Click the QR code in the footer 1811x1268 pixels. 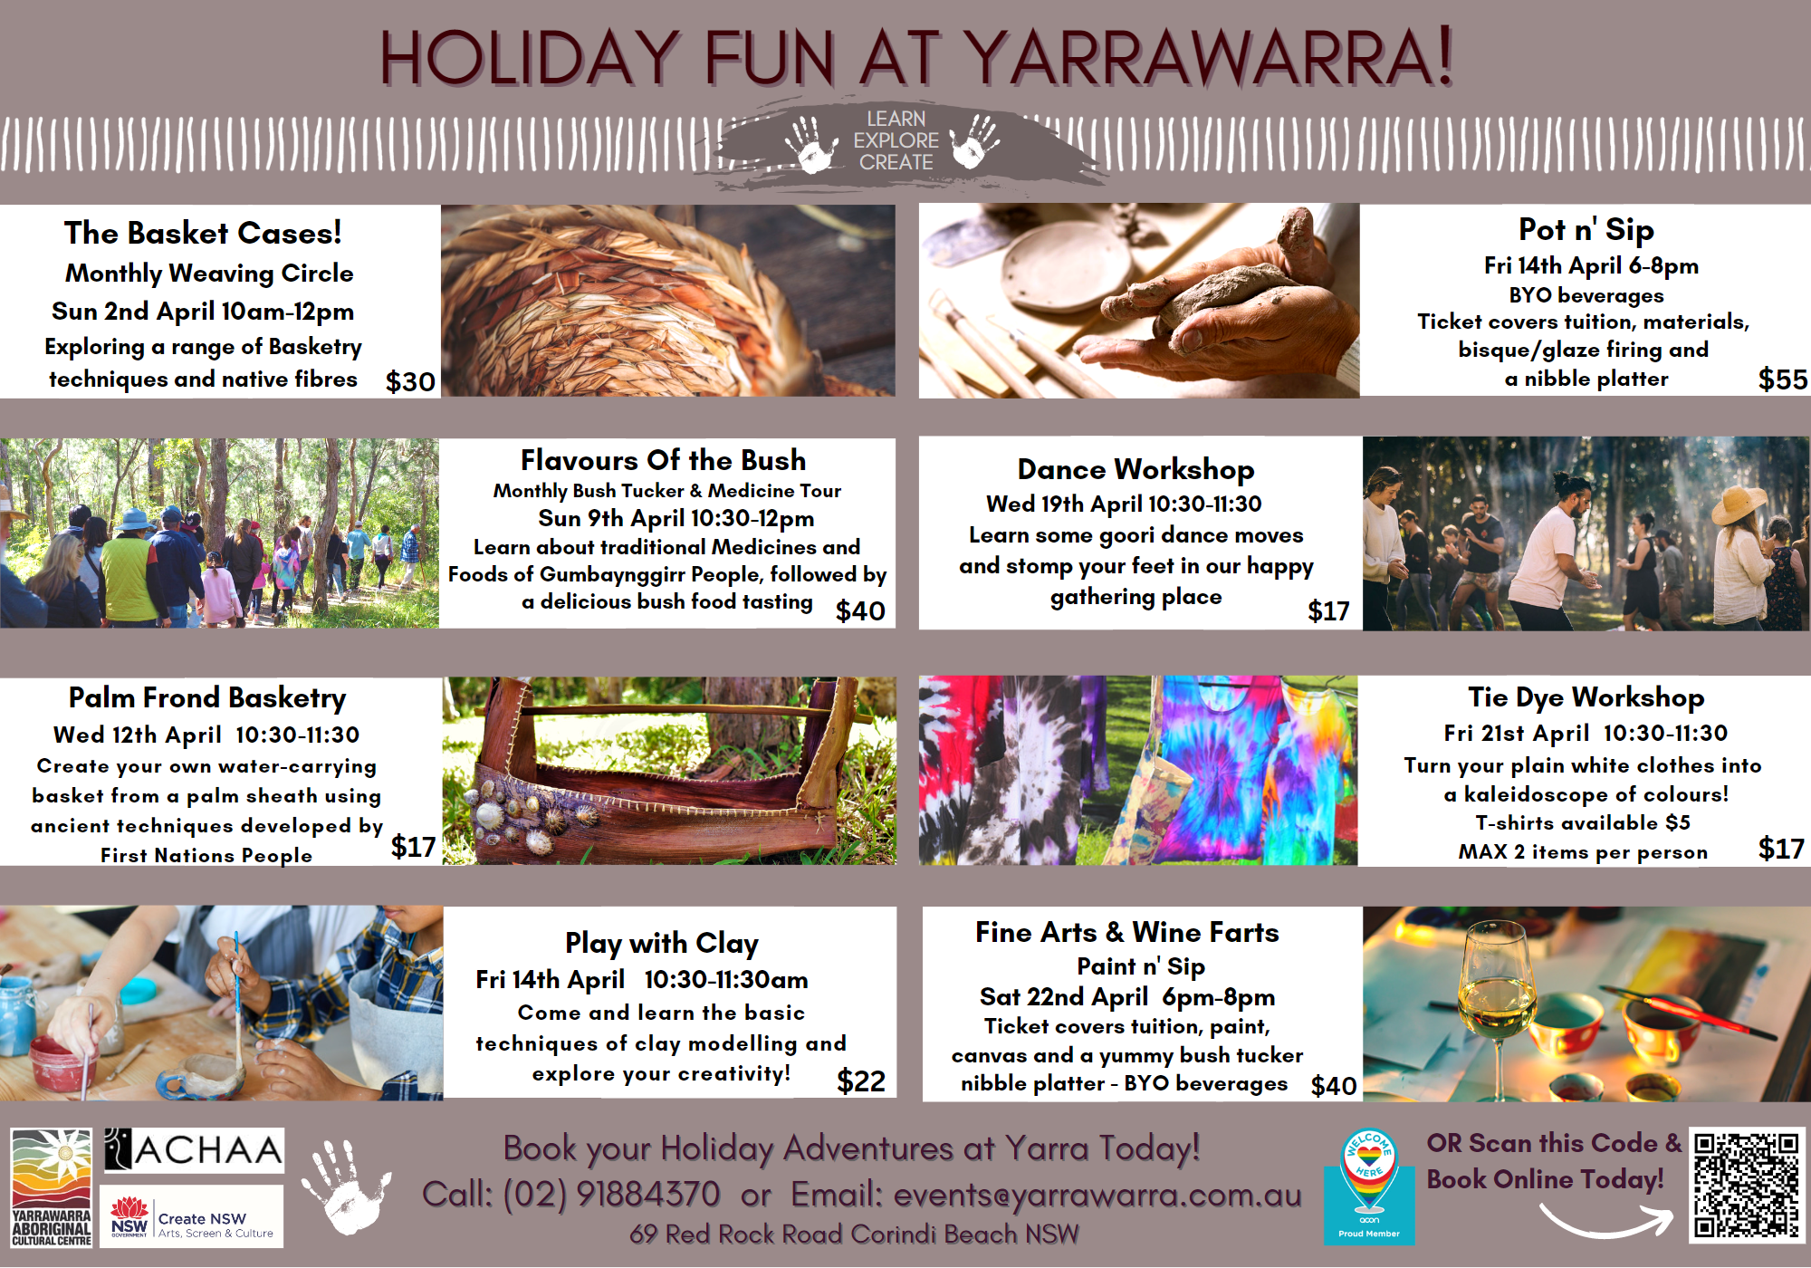[1747, 1185]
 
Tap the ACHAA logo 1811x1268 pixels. [193, 1150]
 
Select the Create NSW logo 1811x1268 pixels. [192, 1217]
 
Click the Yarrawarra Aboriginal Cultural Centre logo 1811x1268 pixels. [52, 1187]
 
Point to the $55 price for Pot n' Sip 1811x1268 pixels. [1782, 379]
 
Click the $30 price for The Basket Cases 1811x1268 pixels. [410, 381]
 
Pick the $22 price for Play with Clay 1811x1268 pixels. [861, 1081]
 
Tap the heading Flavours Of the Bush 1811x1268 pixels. [663, 460]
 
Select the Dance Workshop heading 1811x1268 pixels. [1135, 469]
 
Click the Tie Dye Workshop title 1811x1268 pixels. [1586, 697]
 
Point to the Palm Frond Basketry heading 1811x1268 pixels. [207, 698]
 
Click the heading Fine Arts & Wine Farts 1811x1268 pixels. [1126, 932]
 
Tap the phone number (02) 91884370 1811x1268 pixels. [611, 1195]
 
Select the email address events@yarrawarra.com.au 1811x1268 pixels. [1097, 1196]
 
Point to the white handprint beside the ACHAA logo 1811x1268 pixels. [346, 1186]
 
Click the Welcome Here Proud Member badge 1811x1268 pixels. [1369, 1186]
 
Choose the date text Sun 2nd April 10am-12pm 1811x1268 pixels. [203, 312]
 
